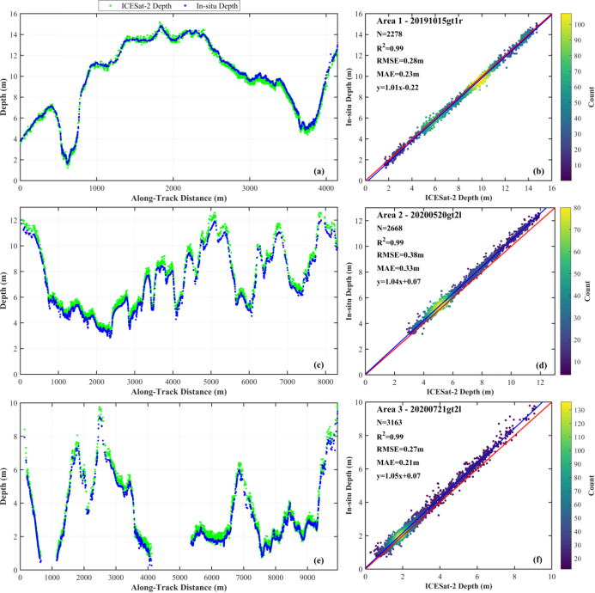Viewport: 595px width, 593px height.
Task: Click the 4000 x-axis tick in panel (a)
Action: pyautogui.click(x=326, y=186)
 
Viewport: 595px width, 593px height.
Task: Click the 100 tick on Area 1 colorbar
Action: pyautogui.click(x=579, y=26)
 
